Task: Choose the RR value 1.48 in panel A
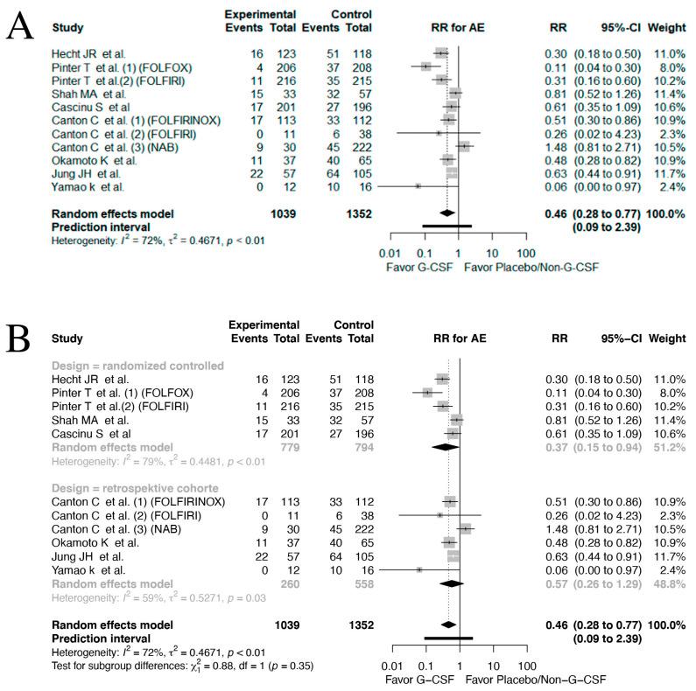[x=552, y=146]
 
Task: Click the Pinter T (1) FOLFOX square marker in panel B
[x=427, y=393]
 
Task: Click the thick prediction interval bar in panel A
[x=447, y=226]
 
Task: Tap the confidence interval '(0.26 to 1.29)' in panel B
[x=610, y=582]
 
